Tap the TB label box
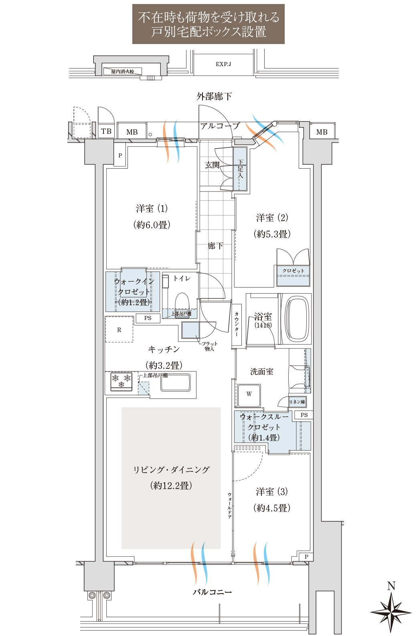[x=106, y=131]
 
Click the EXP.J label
[x=223, y=64]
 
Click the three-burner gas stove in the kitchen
[x=121, y=381]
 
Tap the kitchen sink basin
[x=175, y=383]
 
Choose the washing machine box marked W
[x=249, y=396]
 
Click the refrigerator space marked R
[x=119, y=329]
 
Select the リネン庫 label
[x=298, y=402]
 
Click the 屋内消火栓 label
[x=123, y=72]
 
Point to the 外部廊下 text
[x=214, y=97]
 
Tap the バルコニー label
[x=212, y=592]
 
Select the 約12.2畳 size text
[x=171, y=485]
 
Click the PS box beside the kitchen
[x=148, y=318]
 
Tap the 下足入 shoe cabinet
[x=240, y=169]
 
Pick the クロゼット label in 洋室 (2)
[x=293, y=271]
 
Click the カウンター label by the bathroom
[x=237, y=324]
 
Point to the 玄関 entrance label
[x=213, y=165]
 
